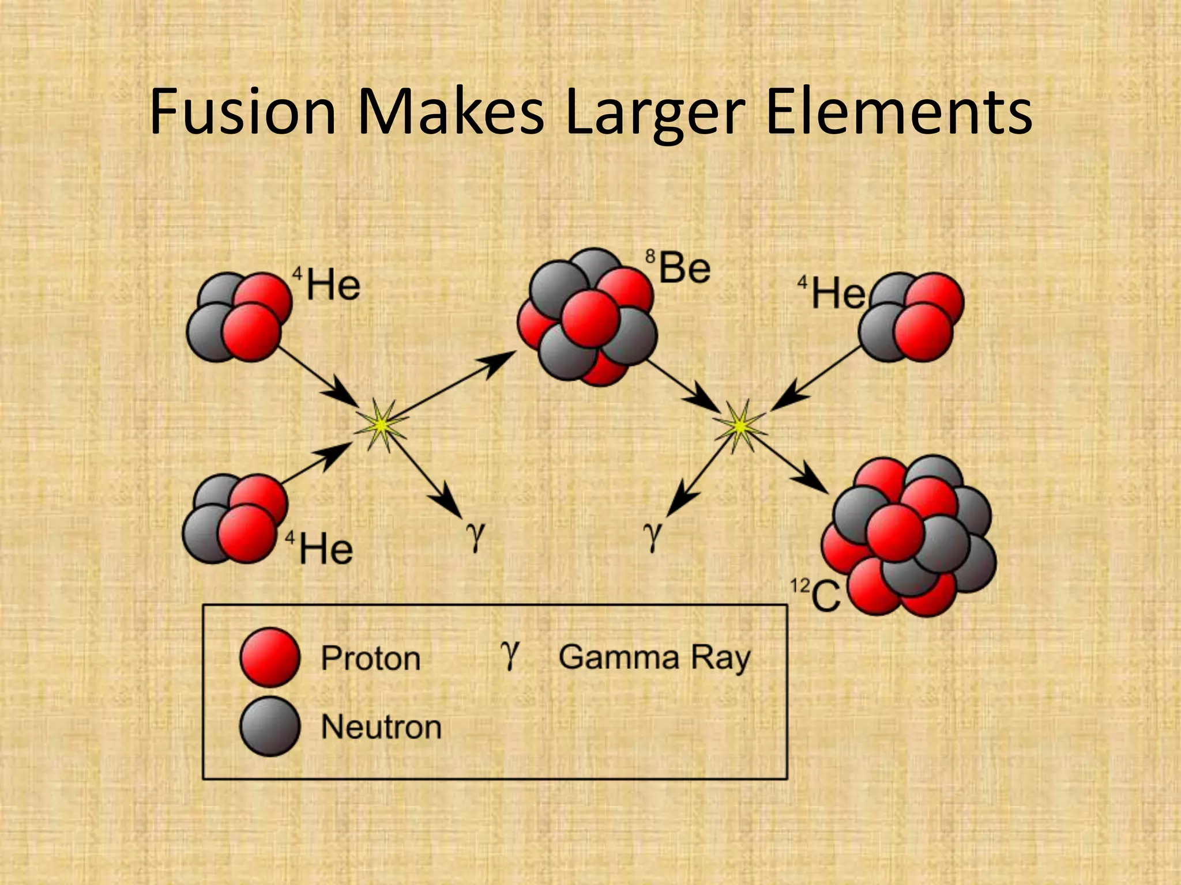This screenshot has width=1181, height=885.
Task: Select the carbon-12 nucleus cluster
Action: (909, 536)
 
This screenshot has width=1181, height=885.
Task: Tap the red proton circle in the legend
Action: (270, 657)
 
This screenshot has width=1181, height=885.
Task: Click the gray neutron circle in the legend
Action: (270, 726)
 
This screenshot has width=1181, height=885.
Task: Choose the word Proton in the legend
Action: (371, 659)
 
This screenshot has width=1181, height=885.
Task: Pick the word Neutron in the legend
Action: (381, 727)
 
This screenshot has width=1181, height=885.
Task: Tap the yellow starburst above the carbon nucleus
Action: (739, 426)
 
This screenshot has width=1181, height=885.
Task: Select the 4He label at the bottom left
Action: (320, 548)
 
